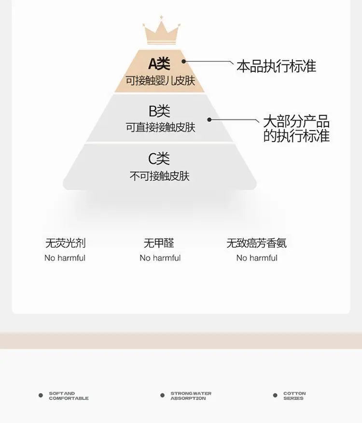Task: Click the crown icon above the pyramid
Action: [x=161, y=30]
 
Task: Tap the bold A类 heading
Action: [x=159, y=64]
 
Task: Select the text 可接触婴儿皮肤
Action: [x=160, y=80]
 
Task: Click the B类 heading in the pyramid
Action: [x=159, y=111]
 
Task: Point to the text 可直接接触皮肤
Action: [x=161, y=127]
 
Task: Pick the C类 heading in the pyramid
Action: [x=159, y=159]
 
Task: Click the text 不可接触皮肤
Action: [x=160, y=176]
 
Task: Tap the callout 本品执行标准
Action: [x=277, y=66]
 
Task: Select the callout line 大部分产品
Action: [x=296, y=121]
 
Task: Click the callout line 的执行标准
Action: [x=296, y=135]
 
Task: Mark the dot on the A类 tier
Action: [x=184, y=61]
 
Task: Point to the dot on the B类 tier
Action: [x=209, y=119]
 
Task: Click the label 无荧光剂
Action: [x=66, y=243]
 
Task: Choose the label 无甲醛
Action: [x=159, y=243]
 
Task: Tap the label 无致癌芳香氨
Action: [x=257, y=243]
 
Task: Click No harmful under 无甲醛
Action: [x=160, y=258]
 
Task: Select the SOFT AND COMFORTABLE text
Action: [x=69, y=396]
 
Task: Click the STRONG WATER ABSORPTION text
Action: [x=191, y=396]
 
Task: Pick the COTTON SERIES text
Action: [x=294, y=396]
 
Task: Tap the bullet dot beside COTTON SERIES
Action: [x=275, y=395]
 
